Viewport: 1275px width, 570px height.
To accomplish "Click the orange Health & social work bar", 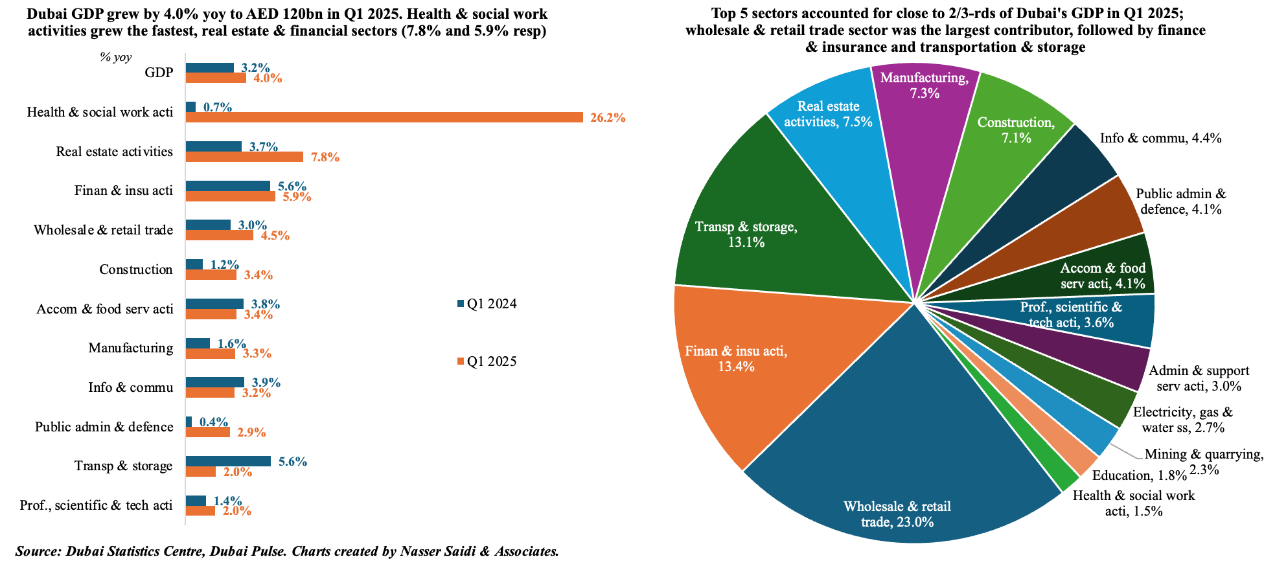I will click(x=385, y=117).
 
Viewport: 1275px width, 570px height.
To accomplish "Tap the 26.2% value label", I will click(x=608, y=118).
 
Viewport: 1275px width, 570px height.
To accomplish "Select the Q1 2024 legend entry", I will click(x=487, y=304).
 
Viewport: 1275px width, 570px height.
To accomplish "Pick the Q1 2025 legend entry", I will click(x=487, y=361).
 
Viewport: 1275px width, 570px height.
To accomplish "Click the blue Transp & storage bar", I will click(x=228, y=461).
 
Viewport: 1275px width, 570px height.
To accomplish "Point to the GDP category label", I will click(x=159, y=73).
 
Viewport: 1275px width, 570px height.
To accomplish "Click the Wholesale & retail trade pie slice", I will click(x=897, y=453).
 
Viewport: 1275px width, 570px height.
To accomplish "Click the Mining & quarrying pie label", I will click(x=1204, y=462).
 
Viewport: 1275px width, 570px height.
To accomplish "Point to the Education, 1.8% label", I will click(x=1140, y=475).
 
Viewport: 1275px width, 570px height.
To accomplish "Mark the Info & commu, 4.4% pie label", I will click(x=1160, y=138).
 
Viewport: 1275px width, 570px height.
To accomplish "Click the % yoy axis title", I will click(x=115, y=57).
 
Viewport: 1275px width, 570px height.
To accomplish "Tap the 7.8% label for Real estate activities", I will click(x=325, y=157).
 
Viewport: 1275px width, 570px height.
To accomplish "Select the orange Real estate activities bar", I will click(x=244, y=157).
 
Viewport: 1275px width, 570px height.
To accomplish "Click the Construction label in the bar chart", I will click(x=136, y=269).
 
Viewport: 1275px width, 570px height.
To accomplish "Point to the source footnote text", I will click(x=287, y=552).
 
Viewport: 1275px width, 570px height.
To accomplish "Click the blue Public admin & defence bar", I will click(x=189, y=422).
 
